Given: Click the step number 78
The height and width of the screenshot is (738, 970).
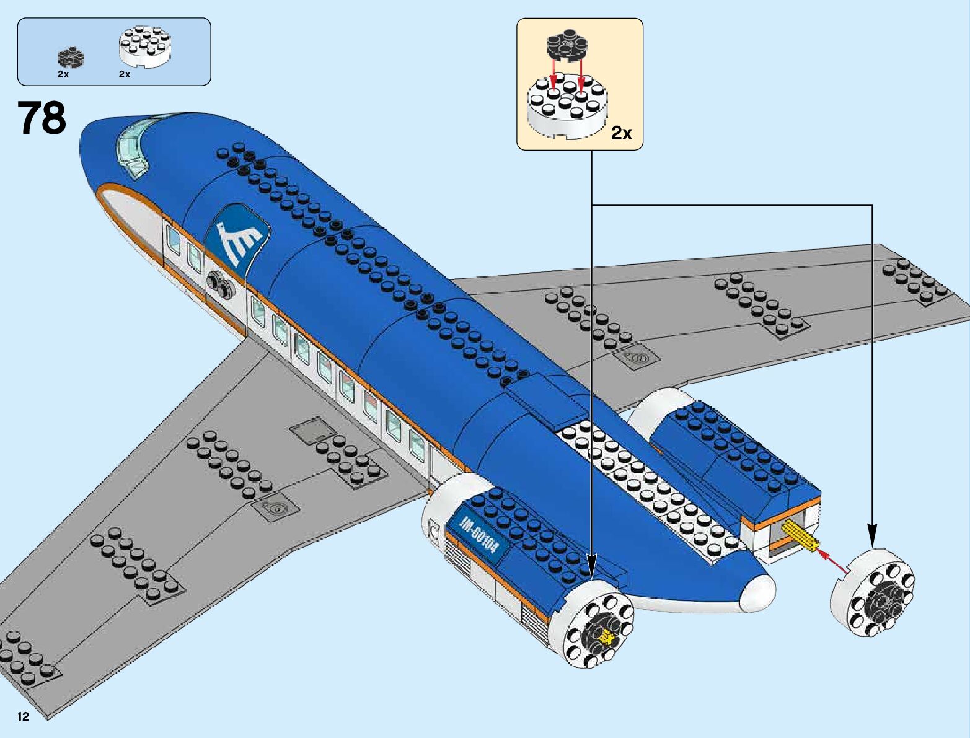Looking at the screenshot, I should tap(42, 118).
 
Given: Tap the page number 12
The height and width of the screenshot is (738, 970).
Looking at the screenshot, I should tap(24, 717).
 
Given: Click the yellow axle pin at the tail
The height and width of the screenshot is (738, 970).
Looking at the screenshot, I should tap(800, 536).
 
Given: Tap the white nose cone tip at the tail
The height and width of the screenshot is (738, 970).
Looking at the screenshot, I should tap(758, 591).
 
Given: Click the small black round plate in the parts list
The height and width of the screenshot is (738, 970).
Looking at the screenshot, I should tap(71, 58).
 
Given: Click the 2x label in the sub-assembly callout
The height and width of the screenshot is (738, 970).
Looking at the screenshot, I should tap(621, 133).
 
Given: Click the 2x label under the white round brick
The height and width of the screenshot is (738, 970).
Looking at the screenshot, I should tap(125, 74).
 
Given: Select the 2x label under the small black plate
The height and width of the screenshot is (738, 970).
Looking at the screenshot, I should tap(63, 74).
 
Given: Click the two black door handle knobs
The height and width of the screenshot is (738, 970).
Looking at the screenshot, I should tap(219, 283).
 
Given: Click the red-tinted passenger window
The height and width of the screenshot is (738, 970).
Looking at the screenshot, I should tap(370, 406).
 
